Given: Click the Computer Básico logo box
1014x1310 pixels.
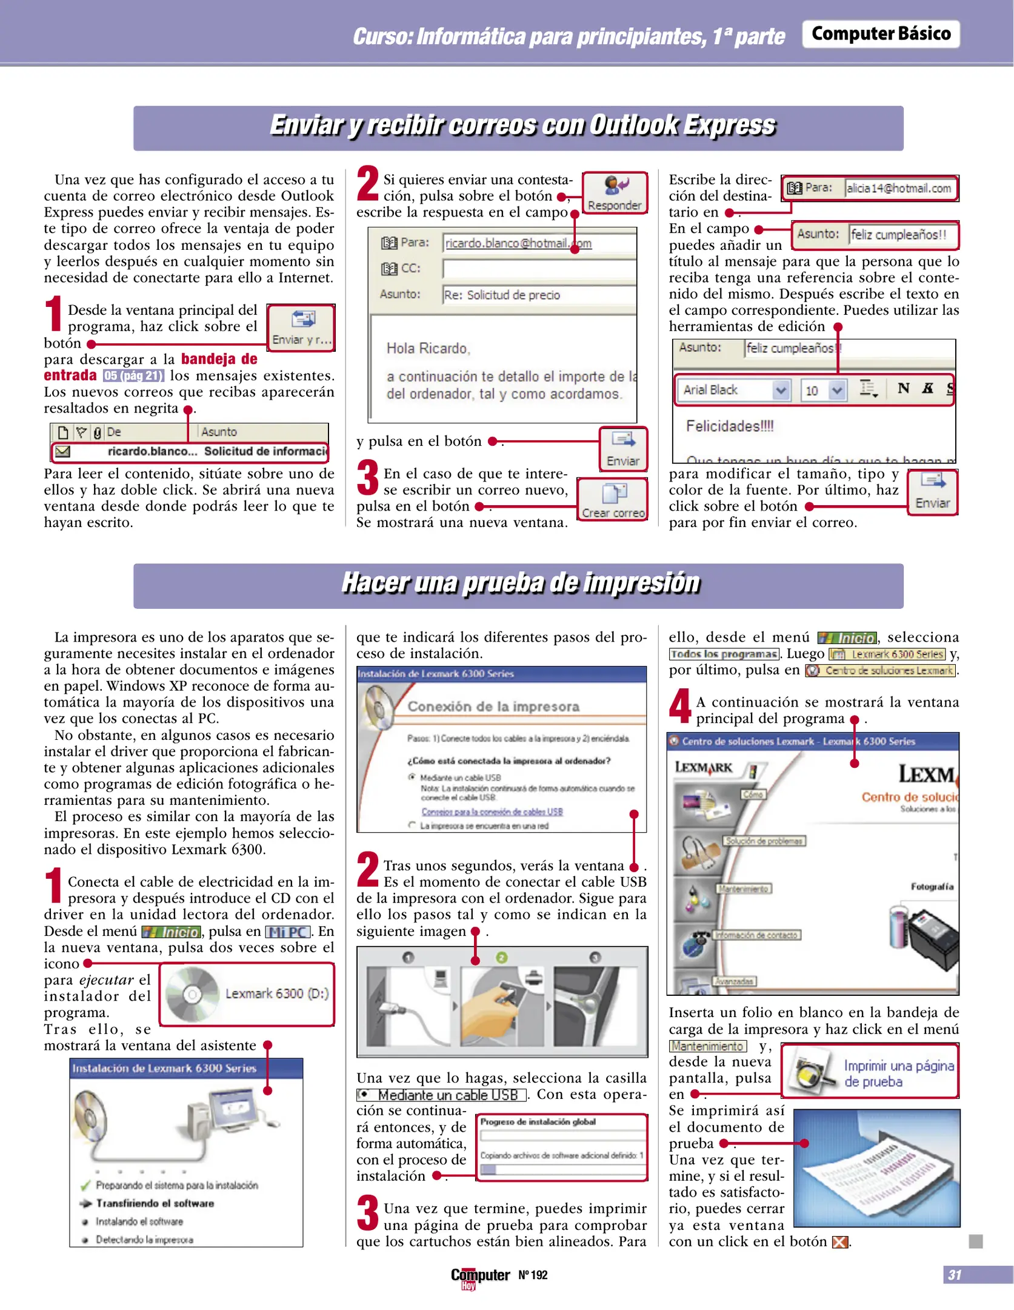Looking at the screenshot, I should click(880, 34).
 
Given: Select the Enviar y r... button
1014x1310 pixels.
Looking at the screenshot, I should click(301, 327).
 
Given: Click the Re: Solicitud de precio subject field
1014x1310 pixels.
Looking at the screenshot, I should click(537, 295).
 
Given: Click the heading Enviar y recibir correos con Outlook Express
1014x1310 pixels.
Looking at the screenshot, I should click(522, 126).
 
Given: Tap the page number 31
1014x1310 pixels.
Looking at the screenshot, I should click(954, 1275).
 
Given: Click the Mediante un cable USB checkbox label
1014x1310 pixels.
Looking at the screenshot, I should click(447, 1095).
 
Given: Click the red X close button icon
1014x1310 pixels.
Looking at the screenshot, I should click(839, 1242).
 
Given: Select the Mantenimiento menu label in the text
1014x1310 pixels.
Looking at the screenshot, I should click(707, 1046).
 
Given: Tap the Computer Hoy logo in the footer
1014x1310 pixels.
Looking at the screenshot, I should click(479, 1277).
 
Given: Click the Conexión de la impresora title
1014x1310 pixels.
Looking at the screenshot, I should click(493, 707).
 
